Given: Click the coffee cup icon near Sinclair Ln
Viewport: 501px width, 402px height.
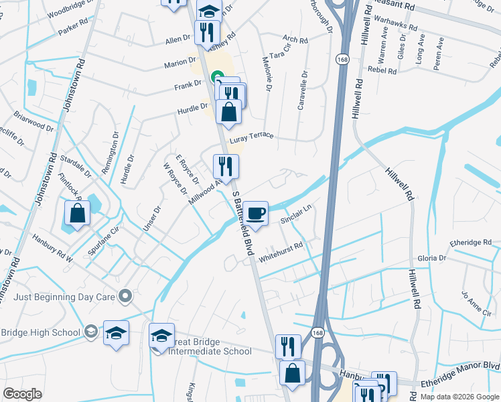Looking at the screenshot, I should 255,214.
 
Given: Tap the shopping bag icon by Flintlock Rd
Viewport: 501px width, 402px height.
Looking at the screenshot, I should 78,214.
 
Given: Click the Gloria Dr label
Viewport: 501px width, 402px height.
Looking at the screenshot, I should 432,258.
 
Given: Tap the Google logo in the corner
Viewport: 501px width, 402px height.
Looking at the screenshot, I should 23,394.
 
